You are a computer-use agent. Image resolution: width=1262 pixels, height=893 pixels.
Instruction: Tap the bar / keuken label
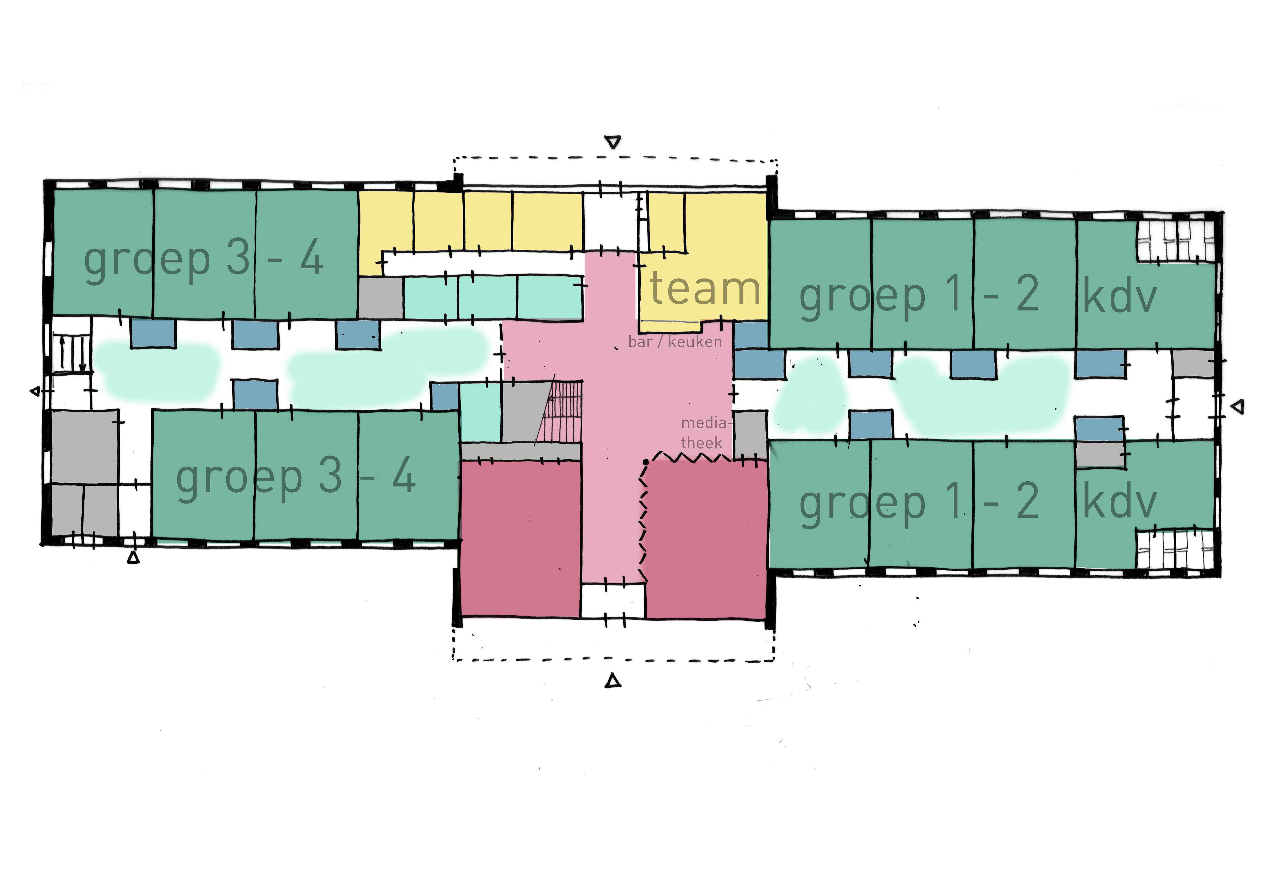click(675, 342)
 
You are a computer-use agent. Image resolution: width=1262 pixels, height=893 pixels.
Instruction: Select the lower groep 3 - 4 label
click(296, 477)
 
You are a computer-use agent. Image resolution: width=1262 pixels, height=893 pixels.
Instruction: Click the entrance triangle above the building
click(613, 142)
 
